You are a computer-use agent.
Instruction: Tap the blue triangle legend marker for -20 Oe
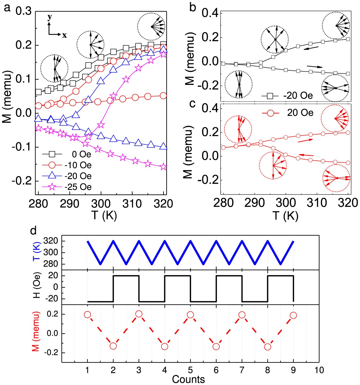click(x=52, y=176)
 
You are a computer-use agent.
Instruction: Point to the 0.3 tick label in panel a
click(x=23, y=11)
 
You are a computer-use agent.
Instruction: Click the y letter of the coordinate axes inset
click(x=50, y=17)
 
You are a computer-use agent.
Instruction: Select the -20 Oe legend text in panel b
click(x=298, y=95)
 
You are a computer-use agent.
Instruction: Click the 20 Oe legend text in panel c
click(x=300, y=113)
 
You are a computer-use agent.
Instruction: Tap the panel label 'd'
click(x=33, y=230)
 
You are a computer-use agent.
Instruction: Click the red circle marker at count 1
click(x=88, y=315)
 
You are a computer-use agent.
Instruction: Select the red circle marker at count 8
click(x=267, y=347)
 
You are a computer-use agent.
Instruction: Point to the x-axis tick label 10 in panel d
click(x=319, y=370)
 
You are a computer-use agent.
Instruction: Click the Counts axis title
click(x=188, y=379)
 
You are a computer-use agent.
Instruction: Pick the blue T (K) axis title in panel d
click(x=37, y=252)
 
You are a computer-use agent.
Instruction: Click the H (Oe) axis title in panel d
click(x=37, y=287)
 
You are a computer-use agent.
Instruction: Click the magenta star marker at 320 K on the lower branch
click(x=163, y=167)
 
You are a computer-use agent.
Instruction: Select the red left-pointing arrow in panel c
click(x=306, y=155)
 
